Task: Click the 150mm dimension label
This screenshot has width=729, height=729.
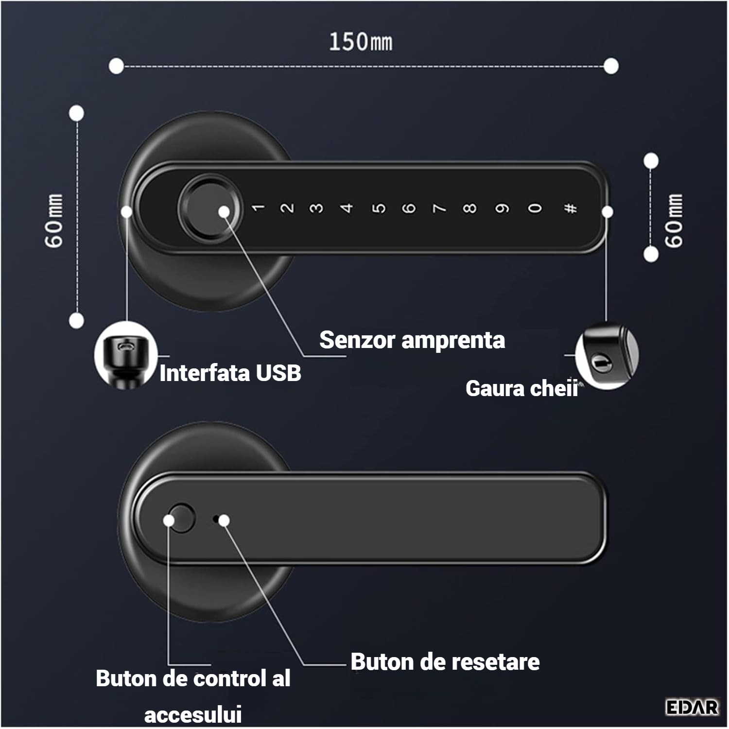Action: pos(361,42)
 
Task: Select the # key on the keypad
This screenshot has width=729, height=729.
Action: pos(571,208)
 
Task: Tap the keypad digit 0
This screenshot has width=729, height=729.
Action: pos(535,208)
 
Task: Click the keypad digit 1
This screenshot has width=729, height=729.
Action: pos(258,208)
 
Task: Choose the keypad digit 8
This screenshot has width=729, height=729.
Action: pos(469,208)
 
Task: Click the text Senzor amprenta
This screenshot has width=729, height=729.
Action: pos(412,340)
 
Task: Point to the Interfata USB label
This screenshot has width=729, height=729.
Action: pos(230,373)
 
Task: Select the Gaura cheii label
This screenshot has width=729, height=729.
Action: pos(522,388)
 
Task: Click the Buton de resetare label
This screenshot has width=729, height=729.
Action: pos(445,662)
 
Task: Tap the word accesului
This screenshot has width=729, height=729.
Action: pos(193,715)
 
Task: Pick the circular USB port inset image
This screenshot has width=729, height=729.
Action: pos(126,355)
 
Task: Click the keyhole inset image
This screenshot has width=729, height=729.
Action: pos(607,356)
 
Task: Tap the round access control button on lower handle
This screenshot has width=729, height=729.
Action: pos(180,518)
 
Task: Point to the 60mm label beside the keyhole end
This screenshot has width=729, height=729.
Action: pos(674,221)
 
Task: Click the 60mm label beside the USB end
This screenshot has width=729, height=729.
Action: pos(54,221)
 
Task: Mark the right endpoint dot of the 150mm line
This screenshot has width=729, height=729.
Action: pos(611,66)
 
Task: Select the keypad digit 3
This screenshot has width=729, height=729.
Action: pos(316,208)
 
